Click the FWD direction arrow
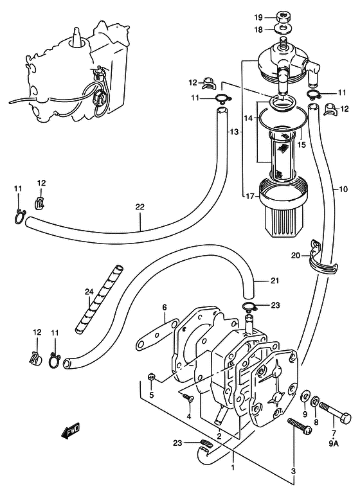pos(70,431)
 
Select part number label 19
pos(258,17)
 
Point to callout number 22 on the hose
pos(139,207)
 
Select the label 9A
pos(334,444)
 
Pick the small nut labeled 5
pos(151,376)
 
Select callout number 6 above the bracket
pos(165,307)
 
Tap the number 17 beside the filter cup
pos(250,197)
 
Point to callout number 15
pos(301,145)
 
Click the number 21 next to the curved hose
pos(275,280)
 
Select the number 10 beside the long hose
pos(343,189)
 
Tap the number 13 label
pos(233,132)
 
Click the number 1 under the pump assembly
pos(233,467)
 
